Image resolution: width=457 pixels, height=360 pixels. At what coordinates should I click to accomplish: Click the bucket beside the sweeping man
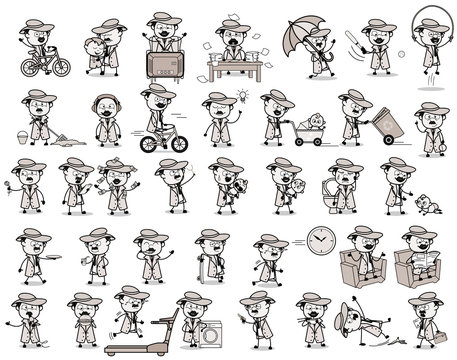click(x=21, y=132)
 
